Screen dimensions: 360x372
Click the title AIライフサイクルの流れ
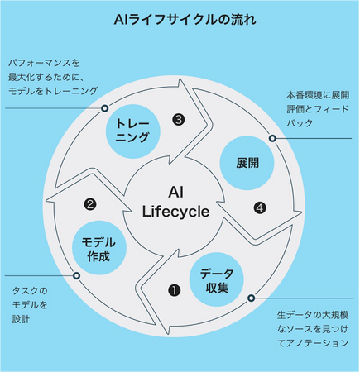pos(185,20)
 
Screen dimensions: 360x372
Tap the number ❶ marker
pos(175,290)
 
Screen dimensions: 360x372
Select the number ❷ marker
pos(90,204)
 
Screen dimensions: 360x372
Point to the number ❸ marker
pos(179,120)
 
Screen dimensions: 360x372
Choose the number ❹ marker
pos(260,208)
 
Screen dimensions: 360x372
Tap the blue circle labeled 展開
pos(247,163)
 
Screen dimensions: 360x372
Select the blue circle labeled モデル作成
pos(99,247)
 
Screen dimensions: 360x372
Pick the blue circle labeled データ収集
pos(217,279)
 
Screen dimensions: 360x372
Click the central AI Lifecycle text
pos(175,202)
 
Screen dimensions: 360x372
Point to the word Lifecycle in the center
pos(175,212)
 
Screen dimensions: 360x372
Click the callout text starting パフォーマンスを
pos(53,77)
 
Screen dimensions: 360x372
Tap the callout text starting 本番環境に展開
pos(318,109)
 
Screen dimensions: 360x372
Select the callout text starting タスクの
pos(30,305)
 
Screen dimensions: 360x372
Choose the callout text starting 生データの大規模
pos(313,329)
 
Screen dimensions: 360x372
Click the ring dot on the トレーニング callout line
pos(104,108)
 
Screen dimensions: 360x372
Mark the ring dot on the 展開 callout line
pos(272,138)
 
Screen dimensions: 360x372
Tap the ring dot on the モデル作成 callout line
pos(77,275)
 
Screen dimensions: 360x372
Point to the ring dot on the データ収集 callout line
pos(251,298)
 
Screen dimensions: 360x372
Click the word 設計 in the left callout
pos(21,319)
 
